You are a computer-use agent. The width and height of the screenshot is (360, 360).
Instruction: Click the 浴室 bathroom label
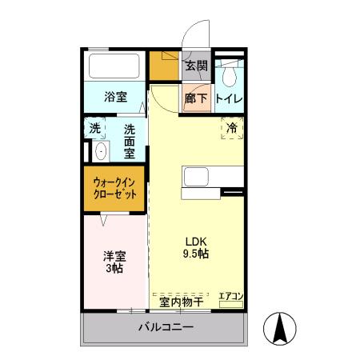click(115, 98)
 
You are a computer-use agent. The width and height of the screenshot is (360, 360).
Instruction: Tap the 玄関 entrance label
click(197, 66)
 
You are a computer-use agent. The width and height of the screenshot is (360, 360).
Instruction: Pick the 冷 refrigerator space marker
click(232, 127)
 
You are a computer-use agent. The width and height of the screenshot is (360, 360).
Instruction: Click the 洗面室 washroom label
click(129, 139)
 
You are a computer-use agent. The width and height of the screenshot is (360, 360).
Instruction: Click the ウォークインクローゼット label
click(114, 189)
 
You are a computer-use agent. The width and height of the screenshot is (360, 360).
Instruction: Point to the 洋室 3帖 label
click(113, 262)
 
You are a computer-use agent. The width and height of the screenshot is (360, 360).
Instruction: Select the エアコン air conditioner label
click(230, 297)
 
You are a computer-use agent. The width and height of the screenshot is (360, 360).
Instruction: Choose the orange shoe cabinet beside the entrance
click(164, 68)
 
